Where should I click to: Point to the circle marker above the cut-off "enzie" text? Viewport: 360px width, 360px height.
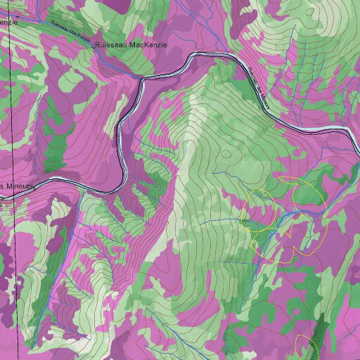18,15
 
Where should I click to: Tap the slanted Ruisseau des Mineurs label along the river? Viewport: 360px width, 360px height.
258,88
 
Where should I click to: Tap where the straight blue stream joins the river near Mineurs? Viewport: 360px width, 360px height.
82,188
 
